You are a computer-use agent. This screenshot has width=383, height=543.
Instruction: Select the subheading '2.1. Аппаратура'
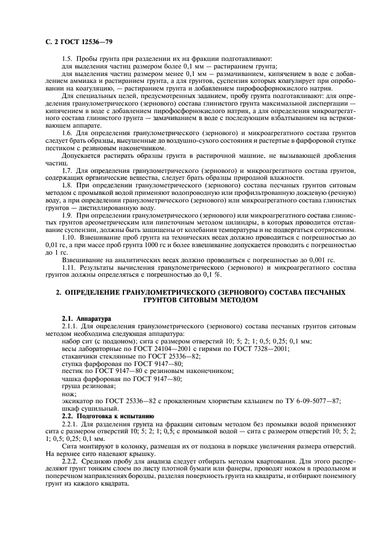86,318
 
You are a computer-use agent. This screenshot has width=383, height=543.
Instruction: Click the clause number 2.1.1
71,326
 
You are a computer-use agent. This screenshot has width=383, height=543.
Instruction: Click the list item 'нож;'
68,393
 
